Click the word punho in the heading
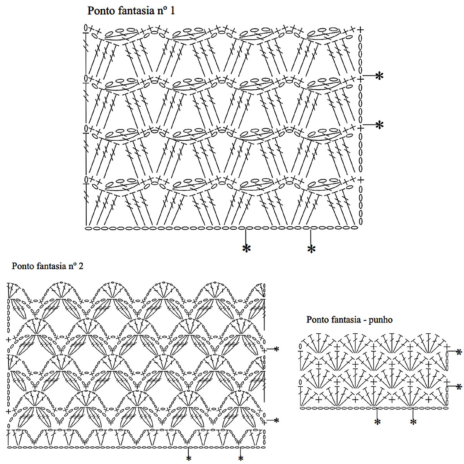[381, 320]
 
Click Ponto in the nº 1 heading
[100, 10]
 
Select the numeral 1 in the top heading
[172, 10]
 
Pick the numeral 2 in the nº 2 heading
[81, 266]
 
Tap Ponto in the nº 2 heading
[22, 266]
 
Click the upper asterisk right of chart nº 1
[380, 76]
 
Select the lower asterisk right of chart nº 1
[380, 125]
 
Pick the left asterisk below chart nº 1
[246, 248]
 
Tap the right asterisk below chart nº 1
[311, 249]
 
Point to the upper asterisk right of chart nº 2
[276, 349]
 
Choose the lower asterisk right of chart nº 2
[276, 420]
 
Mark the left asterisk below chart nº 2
[189, 459]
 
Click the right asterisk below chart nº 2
[241, 459]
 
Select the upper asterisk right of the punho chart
[459, 352]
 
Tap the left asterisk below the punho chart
[377, 421]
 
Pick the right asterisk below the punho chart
[413, 421]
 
